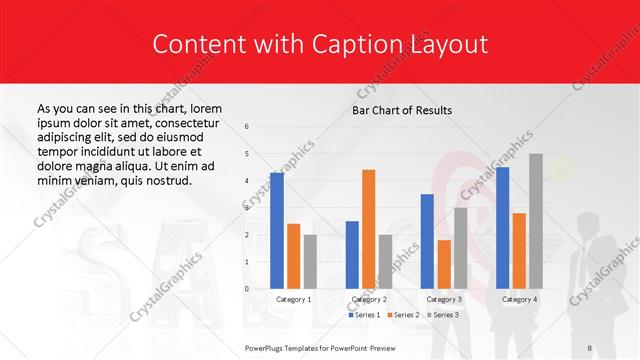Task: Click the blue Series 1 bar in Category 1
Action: click(x=277, y=231)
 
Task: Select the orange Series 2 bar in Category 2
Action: click(x=368, y=229)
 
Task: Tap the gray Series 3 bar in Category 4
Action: click(x=535, y=221)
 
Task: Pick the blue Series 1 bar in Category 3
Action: click(x=427, y=241)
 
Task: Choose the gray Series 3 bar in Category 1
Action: click(x=310, y=262)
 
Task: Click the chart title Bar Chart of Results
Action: click(x=402, y=110)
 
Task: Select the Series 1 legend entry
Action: click(x=364, y=315)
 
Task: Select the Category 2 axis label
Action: click(x=368, y=299)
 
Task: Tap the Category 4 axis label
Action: click(x=518, y=299)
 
